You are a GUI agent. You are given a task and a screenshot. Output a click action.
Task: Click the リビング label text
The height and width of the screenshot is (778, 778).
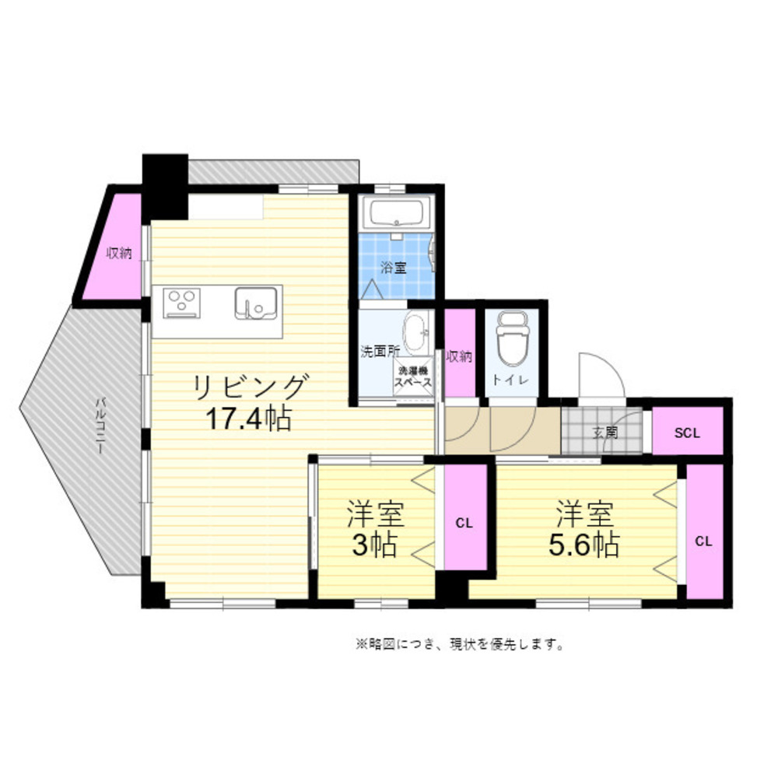[249, 387]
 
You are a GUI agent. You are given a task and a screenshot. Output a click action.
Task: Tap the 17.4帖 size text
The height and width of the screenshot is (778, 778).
[249, 419]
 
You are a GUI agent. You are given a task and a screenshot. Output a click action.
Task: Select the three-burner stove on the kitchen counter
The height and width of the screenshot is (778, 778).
[181, 303]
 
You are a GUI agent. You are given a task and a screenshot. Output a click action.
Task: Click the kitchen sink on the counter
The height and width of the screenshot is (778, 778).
[255, 303]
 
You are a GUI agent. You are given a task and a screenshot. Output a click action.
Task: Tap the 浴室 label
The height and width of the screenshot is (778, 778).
[394, 268]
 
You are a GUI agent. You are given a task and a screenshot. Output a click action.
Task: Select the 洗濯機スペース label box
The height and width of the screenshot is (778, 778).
[413, 377]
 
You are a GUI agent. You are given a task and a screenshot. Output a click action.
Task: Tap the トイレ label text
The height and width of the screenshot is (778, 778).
[511, 380]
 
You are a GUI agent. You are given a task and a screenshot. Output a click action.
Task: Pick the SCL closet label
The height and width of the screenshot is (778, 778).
[687, 433]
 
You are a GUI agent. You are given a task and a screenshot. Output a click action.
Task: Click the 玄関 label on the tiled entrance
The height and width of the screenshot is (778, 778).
[606, 432]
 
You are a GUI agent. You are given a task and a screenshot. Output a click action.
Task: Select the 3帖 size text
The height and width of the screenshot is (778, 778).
[375, 545]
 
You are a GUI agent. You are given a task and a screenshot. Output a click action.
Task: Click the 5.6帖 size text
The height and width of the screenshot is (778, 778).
[584, 545]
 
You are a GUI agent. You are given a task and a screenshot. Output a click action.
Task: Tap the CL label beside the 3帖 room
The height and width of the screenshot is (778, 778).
[464, 523]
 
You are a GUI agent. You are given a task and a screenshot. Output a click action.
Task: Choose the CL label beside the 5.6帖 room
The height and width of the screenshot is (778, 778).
[703, 541]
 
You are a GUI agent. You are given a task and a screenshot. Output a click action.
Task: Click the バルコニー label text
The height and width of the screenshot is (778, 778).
[100, 425]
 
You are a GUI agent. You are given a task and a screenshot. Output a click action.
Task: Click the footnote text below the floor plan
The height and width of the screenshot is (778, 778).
[460, 644]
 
